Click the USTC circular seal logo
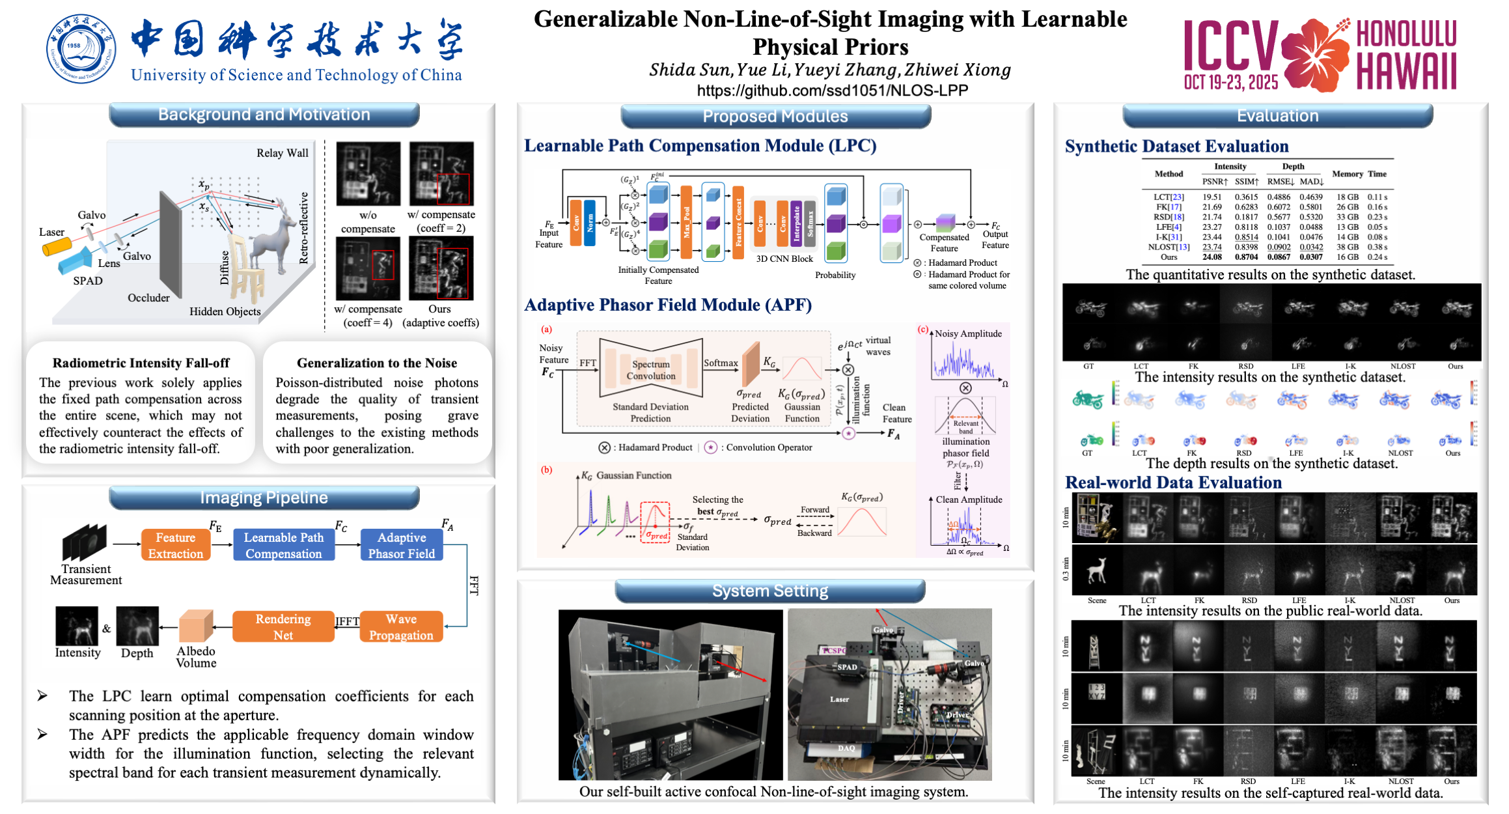81,49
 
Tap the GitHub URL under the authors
832,91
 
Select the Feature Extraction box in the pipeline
176,545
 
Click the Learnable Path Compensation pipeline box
284,545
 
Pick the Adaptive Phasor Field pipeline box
402,545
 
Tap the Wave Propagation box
401,626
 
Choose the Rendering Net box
283,626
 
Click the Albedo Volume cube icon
196,626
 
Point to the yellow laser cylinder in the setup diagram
57,247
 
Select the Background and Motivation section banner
264,115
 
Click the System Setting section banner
770,591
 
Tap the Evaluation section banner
1277,116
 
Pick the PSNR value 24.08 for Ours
1212,257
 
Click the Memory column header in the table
1347,174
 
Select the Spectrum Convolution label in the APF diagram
651,370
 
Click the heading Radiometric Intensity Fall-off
141,363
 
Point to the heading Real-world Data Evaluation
1173,483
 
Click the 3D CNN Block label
784,259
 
